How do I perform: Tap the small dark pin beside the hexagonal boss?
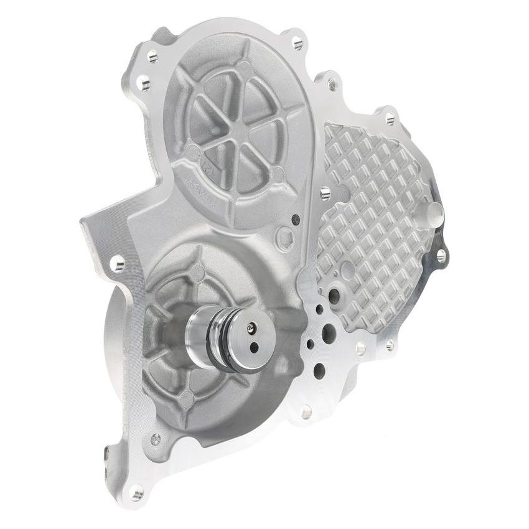click(x=296, y=219)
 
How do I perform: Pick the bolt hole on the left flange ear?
click(x=116, y=264)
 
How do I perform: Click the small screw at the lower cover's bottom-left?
click(x=156, y=439)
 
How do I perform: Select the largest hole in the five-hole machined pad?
click(x=329, y=334)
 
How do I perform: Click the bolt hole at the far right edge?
click(x=441, y=255)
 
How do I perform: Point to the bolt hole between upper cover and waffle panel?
click(x=324, y=193)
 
